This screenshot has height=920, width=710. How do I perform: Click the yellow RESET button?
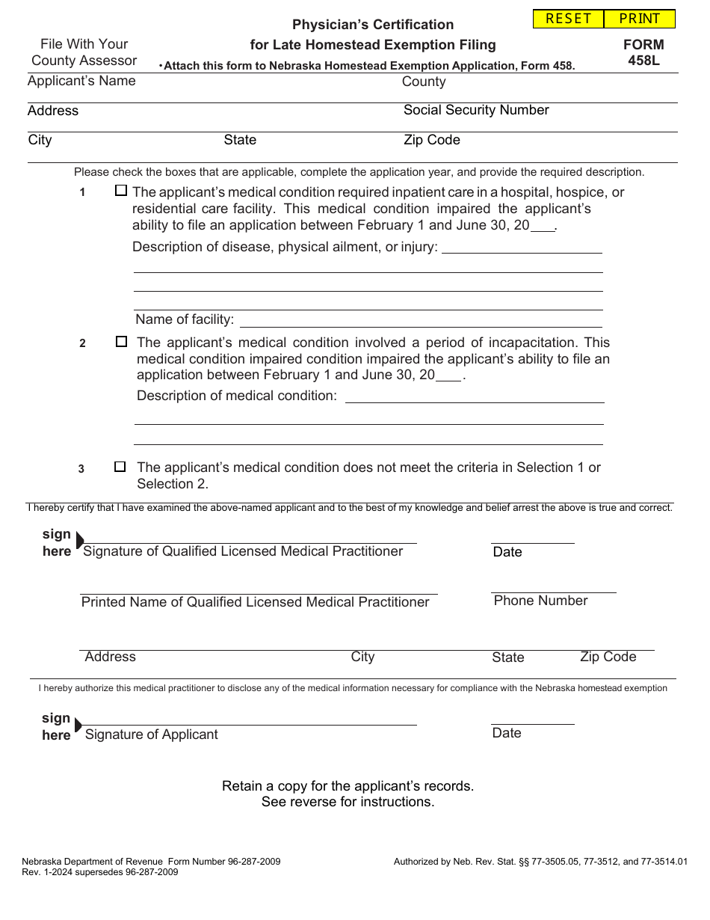[x=568, y=19]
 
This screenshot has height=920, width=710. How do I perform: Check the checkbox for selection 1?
[x=121, y=191]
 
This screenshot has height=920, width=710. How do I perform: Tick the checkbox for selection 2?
[x=122, y=341]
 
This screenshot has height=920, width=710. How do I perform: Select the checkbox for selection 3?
[x=120, y=467]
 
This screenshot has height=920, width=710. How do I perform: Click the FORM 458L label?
[x=643, y=52]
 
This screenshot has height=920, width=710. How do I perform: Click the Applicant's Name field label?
[x=81, y=81]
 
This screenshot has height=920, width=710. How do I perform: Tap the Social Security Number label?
[x=476, y=110]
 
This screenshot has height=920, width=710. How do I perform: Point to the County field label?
[x=424, y=82]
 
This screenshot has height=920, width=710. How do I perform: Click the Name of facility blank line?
[x=420, y=321]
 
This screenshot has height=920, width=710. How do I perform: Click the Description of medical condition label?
[x=237, y=395]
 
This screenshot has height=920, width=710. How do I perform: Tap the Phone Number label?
[x=540, y=601]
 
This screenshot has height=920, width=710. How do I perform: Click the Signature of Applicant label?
[x=152, y=735]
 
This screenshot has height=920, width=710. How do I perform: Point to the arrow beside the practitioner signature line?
[x=79, y=540]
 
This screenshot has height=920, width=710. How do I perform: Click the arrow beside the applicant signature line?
[x=78, y=724]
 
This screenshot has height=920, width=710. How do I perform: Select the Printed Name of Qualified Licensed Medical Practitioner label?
[x=255, y=602]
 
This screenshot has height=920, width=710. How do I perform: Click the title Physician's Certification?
[x=373, y=25]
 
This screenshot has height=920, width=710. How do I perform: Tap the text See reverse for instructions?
[x=348, y=802]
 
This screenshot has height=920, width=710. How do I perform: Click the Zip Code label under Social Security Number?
[x=432, y=140]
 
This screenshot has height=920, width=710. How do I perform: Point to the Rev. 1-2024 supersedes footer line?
[x=100, y=872]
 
